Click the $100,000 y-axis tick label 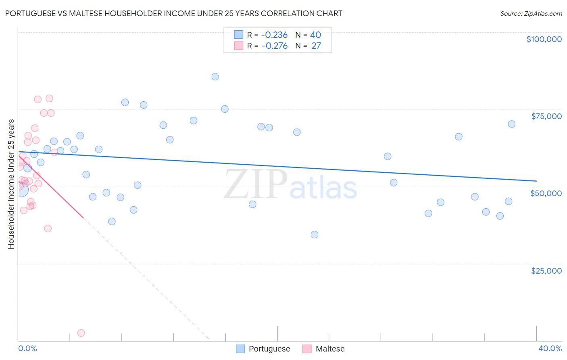(544, 39)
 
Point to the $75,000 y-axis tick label (546, 116)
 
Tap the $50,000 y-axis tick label (546, 193)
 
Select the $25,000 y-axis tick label (546, 271)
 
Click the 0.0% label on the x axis (27, 348)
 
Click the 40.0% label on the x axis (550, 348)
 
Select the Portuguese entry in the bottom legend (269, 349)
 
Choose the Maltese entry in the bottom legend (329, 349)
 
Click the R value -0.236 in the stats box (274, 35)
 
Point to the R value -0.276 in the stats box (274, 46)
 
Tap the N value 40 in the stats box (315, 35)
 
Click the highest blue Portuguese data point (215, 77)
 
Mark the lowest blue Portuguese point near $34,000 (315, 234)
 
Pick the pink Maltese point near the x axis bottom (81, 333)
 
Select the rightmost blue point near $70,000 (511, 124)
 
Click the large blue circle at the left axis (21, 189)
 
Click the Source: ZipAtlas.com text (531, 14)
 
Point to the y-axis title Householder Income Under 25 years (11, 184)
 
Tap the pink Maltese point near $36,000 (48, 228)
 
